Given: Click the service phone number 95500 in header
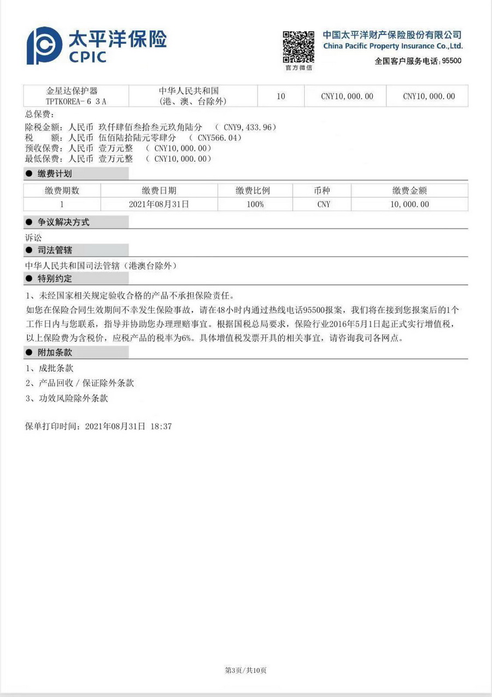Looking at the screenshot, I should click(x=451, y=61).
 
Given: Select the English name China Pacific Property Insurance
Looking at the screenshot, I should click(x=393, y=46).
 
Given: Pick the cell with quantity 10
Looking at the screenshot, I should click(x=280, y=96).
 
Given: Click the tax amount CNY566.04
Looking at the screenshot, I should click(x=215, y=138).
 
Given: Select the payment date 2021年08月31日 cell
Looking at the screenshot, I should click(x=159, y=204).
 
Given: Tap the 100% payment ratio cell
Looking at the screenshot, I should click(x=255, y=204).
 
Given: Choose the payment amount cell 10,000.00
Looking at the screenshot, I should click(x=409, y=204).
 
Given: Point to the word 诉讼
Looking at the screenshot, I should click(x=33, y=238).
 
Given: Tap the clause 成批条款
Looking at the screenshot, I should click(x=54, y=369).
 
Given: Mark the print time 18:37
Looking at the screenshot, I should click(x=162, y=426).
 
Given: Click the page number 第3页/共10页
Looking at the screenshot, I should click(x=245, y=670).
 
